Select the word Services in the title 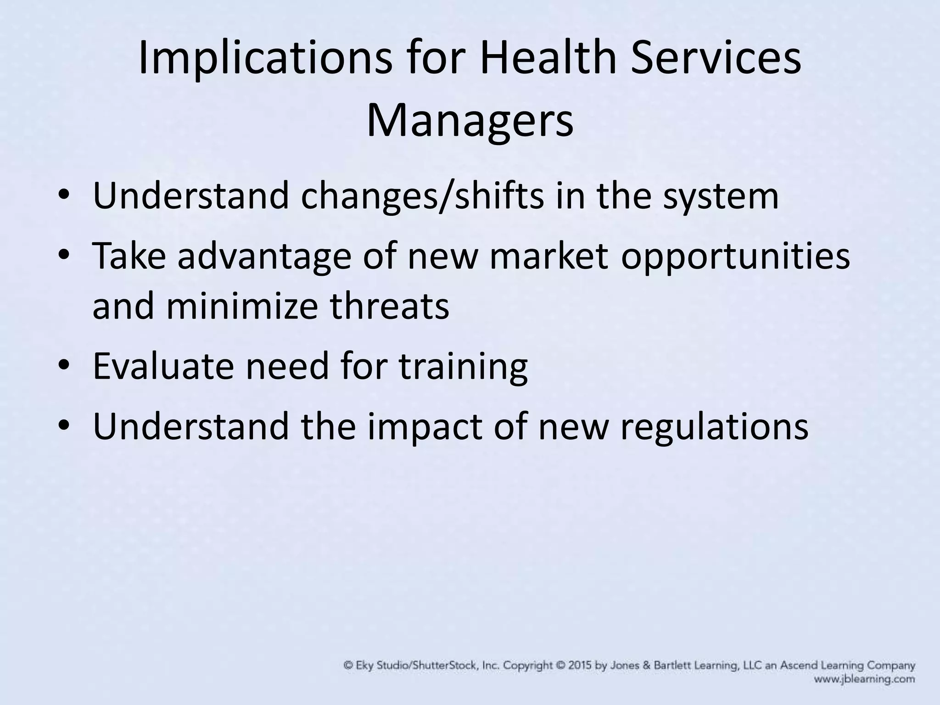coord(716,59)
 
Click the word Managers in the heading coord(470,122)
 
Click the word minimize coord(241,306)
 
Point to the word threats coord(389,306)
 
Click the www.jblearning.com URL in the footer coord(864,679)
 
